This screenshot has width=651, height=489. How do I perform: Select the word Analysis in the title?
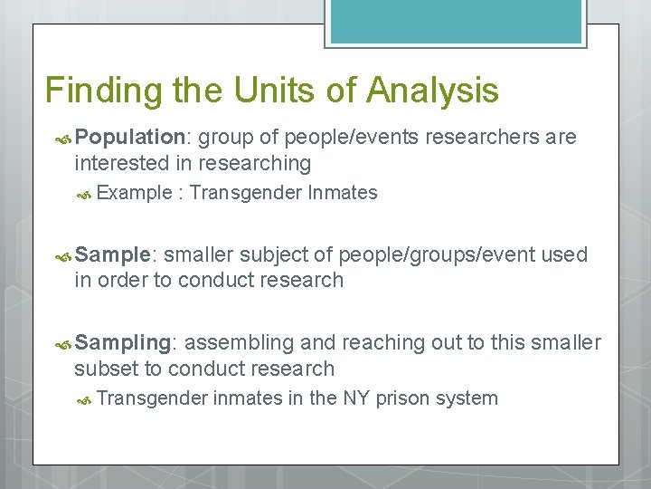point(433,91)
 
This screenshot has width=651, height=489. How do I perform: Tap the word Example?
point(134,193)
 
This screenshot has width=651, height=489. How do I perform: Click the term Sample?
point(117,254)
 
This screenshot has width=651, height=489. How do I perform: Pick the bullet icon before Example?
point(85,194)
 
